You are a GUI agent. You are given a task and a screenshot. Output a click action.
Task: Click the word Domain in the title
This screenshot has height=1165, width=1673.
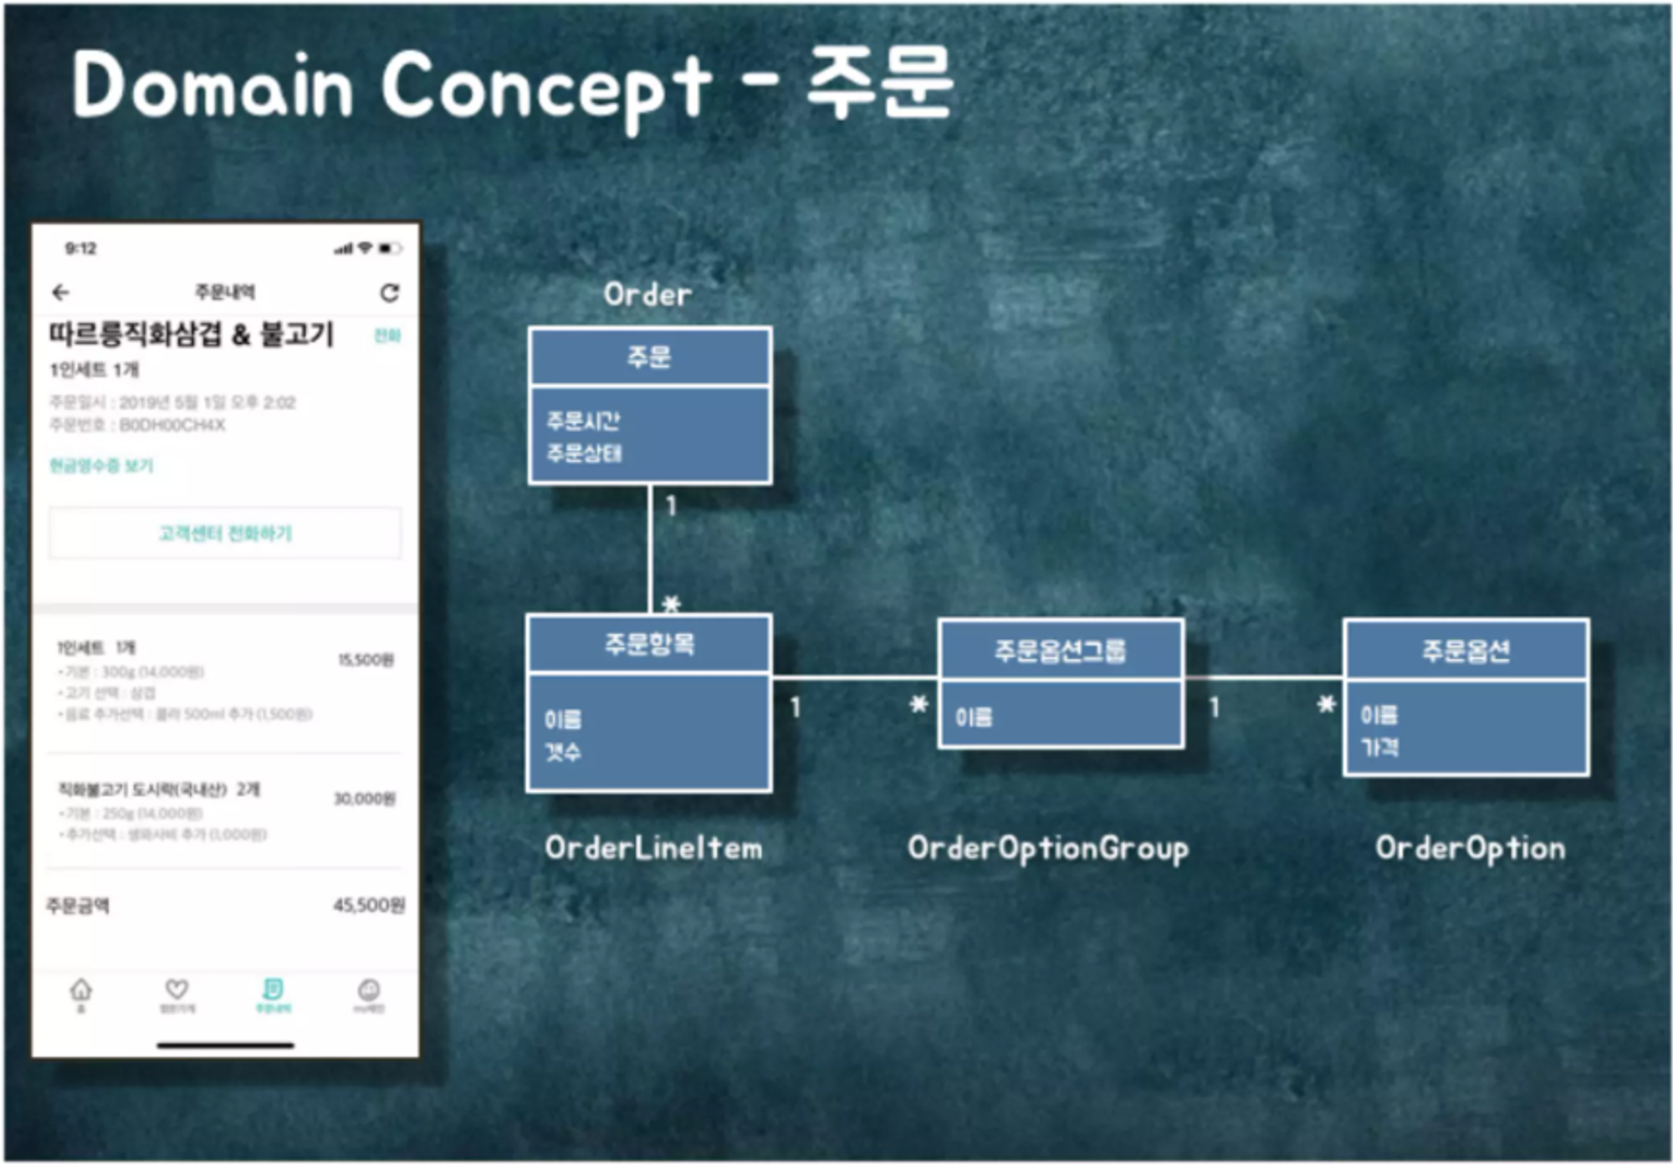213,85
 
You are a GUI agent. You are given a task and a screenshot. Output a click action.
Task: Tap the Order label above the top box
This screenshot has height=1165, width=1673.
647,294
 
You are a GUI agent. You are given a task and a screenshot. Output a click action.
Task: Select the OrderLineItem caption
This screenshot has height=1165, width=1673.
653,848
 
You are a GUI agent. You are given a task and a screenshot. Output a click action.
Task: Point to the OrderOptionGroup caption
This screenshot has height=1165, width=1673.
1047,849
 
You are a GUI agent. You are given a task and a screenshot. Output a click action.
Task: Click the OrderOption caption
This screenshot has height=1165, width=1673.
1470,849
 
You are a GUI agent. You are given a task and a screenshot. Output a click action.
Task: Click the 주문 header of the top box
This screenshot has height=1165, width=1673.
649,357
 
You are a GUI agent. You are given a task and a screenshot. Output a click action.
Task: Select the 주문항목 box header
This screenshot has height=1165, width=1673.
649,644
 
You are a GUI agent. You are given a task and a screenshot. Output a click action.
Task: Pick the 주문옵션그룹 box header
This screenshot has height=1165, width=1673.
1060,651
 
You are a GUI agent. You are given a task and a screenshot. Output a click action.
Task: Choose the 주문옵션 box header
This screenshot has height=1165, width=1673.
1466,651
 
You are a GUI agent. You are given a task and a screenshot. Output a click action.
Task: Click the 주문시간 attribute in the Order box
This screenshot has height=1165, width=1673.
583,420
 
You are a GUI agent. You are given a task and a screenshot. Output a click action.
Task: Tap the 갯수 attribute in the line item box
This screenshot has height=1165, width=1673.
562,752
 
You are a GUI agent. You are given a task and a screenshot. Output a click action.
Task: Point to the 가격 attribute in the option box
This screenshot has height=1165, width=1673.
1379,747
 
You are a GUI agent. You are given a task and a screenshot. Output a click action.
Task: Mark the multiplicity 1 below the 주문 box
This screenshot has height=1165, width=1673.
670,506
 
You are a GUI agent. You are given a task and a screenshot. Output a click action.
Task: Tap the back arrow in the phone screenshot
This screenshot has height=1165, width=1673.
61,292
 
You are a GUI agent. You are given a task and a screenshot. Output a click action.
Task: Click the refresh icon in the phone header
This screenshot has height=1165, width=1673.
389,293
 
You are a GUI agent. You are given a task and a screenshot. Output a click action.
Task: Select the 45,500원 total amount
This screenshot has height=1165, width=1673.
369,905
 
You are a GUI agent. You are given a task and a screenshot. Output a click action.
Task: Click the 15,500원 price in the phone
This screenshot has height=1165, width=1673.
366,661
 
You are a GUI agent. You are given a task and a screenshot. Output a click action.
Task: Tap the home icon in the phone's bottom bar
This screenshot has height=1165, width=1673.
81,991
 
